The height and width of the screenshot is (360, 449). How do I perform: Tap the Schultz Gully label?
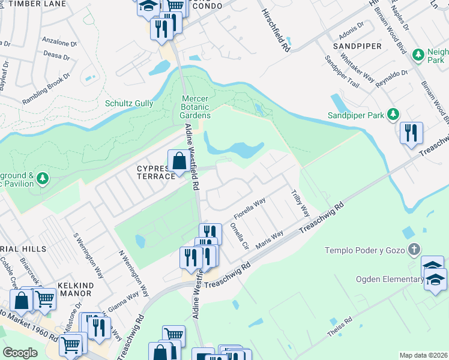pos(129,103)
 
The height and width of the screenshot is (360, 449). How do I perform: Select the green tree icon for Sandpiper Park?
pos(393,114)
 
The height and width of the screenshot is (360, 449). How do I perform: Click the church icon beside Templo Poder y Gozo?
pos(413,249)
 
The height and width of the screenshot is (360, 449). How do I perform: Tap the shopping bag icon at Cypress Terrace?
pos(179,161)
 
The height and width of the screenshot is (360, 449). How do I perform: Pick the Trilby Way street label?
pos(300,203)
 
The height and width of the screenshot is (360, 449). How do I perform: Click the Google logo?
pos(20,353)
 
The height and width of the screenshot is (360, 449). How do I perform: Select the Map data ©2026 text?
pos(423,355)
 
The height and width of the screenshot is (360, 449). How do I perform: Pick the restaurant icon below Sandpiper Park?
pos(411,133)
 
